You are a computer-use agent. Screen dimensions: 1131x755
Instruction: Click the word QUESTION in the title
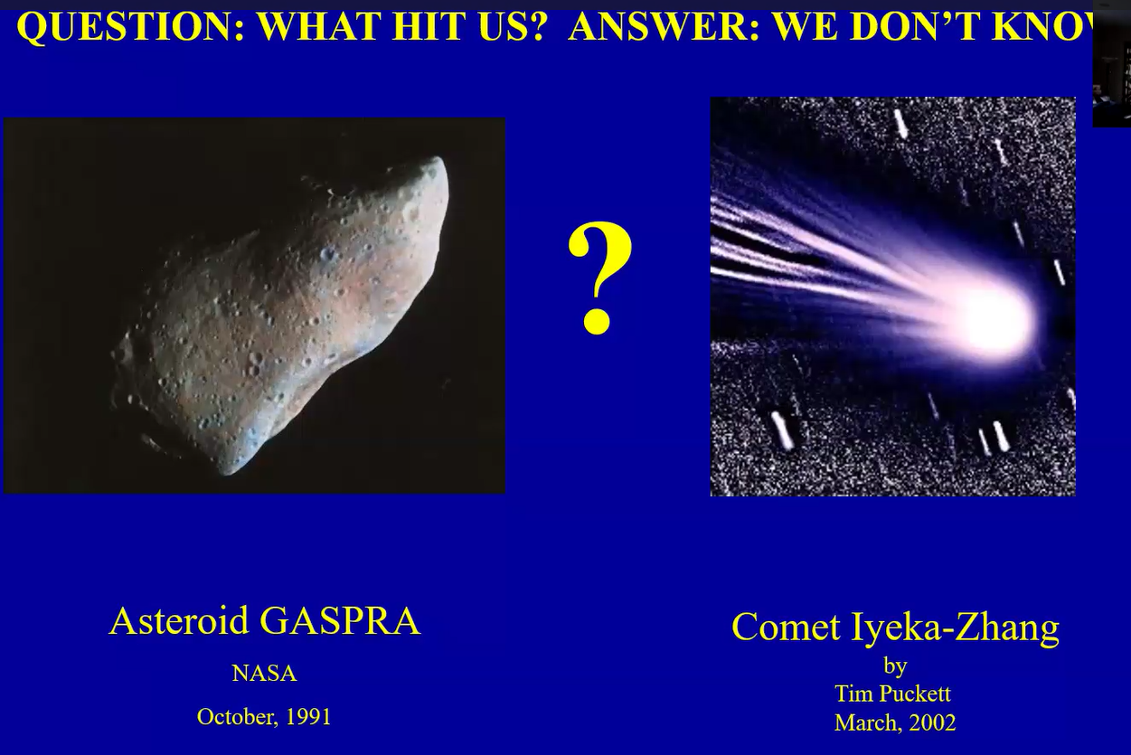point(131,27)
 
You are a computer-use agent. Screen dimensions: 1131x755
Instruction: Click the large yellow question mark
point(599,278)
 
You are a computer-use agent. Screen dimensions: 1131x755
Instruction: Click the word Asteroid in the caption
point(179,620)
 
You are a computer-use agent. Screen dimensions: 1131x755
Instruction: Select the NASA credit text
point(264,674)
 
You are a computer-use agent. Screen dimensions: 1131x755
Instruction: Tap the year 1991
point(308,717)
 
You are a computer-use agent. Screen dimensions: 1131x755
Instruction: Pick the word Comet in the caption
point(787,627)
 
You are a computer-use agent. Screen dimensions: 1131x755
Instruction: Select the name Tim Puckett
point(892,694)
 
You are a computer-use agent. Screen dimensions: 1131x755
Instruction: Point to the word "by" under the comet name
point(895,666)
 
